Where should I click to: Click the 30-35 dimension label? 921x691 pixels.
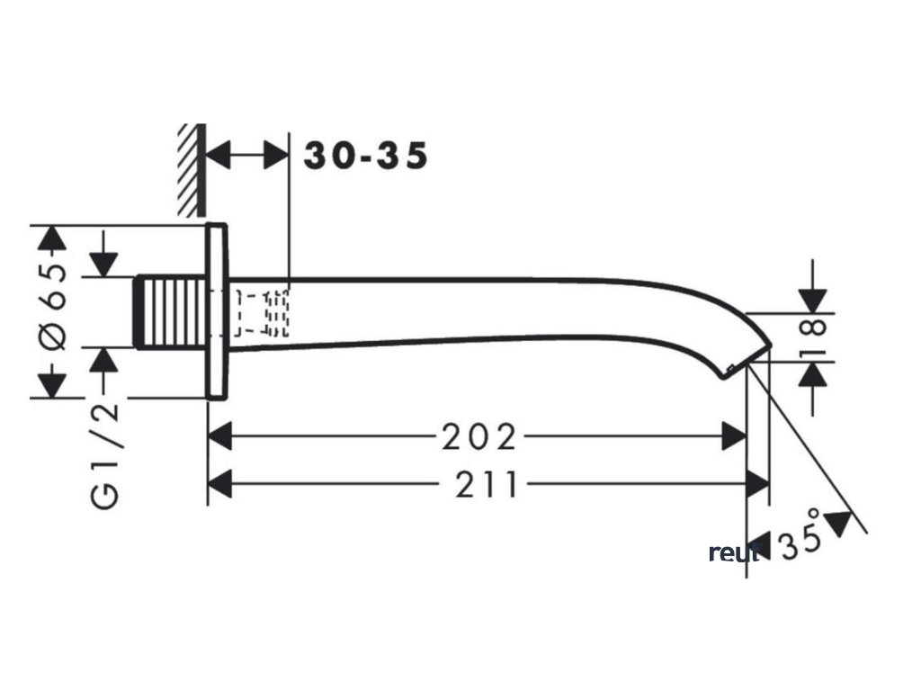(x=365, y=156)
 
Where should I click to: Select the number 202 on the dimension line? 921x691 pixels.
(x=479, y=438)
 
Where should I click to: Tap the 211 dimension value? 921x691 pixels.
(x=487, y=487)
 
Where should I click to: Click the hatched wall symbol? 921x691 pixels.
(x=191, y=169)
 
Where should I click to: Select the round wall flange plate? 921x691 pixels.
(x=216, y=310)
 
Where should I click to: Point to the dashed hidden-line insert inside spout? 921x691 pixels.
(x=262, y=312)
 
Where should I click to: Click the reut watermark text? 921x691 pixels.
(x=733, y=552)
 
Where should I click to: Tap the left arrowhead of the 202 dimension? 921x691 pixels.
(x=219, y=438)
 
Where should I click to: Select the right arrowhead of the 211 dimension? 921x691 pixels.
(x=759, y=487)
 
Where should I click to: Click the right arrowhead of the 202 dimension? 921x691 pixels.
(x=735, y=438)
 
